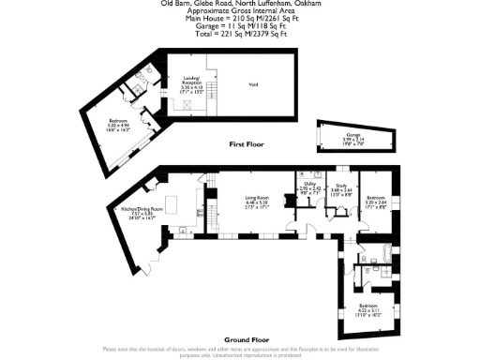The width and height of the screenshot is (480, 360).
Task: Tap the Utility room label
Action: point(309,187)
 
